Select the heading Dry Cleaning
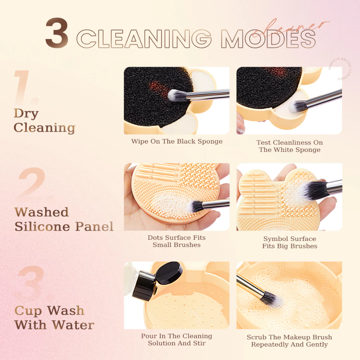click(44, 121)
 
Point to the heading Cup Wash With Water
click(54, 317)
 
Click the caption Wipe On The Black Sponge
click(177, 142)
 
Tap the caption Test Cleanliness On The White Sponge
click(289, 146)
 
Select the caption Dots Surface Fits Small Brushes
click(176, 241)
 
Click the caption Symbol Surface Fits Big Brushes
click(289, 243)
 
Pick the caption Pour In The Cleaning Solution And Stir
click(176, 340)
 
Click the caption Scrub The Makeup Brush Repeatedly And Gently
click(289, 341)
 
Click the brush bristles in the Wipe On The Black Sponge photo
click(176, 95)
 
